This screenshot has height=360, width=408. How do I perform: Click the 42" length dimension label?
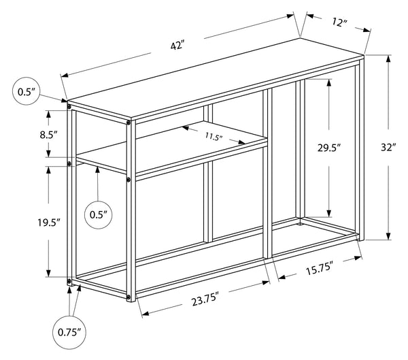pos(177,46)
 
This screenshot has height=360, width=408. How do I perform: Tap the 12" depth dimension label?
pos(339,22)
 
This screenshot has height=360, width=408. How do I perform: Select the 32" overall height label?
pos(388,148)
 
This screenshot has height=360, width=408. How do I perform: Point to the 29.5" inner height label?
pos(329,148)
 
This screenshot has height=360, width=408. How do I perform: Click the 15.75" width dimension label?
pos(320,269)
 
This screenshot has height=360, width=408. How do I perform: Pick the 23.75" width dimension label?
pos(205,299)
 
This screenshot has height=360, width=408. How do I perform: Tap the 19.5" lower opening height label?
pos(49,223)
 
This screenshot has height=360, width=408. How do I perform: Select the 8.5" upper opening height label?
pos(48,135)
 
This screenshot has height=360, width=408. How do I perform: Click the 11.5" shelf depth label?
pos(214,136)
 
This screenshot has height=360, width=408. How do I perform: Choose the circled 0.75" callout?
pos(69,332)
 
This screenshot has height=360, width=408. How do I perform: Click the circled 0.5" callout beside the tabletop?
pos(27,91)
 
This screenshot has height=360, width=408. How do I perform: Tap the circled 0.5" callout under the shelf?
pos(99,215)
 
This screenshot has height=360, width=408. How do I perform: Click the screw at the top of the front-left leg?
pos(129,123)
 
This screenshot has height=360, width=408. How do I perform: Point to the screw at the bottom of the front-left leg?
pos(128,297)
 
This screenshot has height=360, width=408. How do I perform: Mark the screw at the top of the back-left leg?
pos(69,107)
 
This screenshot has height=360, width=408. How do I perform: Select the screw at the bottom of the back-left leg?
pos(69,281)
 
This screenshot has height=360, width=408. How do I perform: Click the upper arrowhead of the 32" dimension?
pos(388,59)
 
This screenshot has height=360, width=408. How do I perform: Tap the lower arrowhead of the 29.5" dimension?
pos(329,213)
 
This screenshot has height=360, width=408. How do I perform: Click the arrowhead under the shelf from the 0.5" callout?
pos(97,170)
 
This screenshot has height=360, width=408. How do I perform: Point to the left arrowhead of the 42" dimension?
pos(65,76)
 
